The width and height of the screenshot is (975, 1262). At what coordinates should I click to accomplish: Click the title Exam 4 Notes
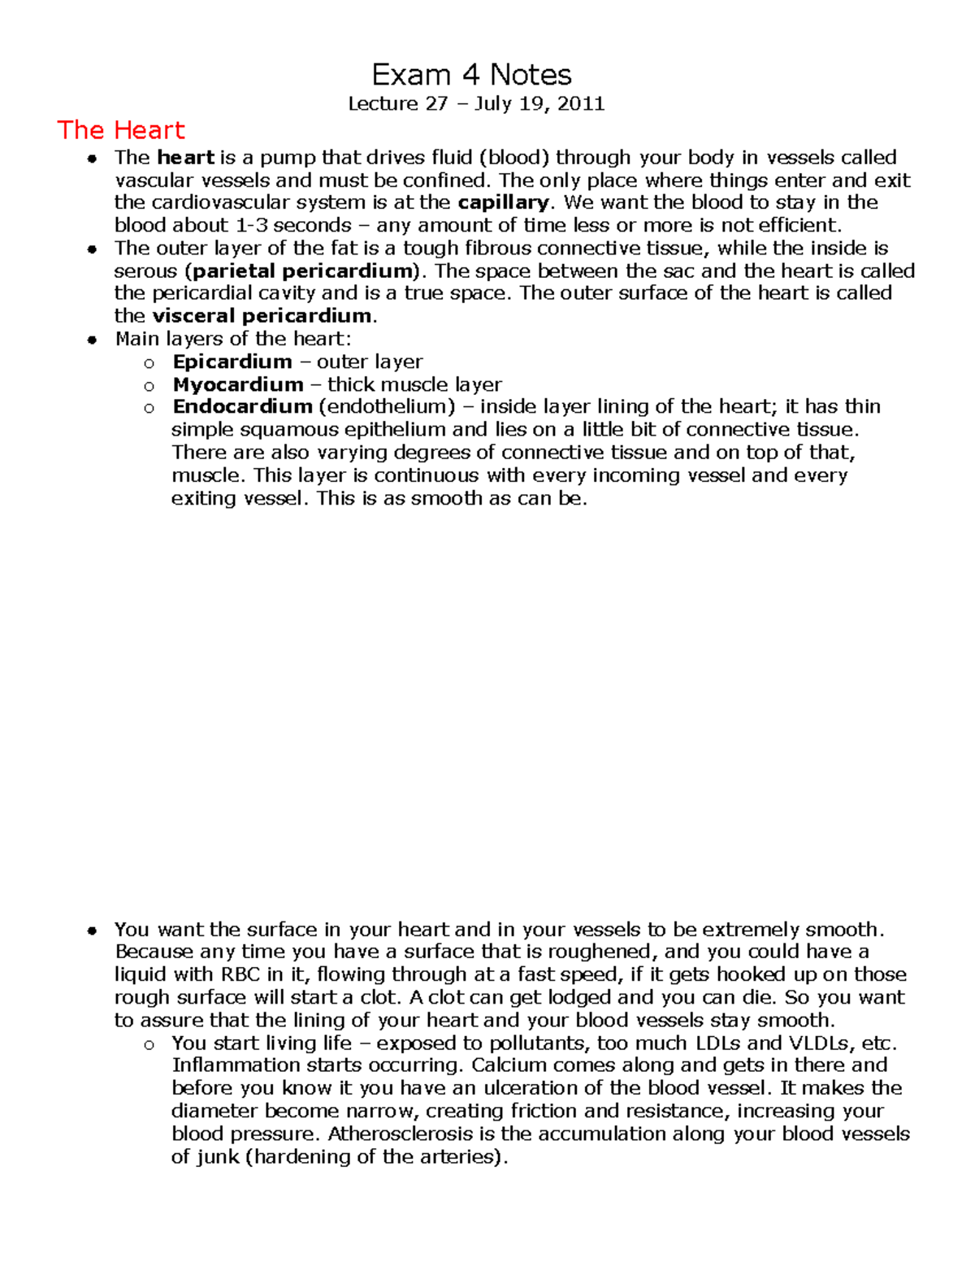pos(471,76)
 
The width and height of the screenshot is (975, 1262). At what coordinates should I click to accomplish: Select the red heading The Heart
pos(121,130)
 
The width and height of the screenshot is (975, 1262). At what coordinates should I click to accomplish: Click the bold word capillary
pos(504,202)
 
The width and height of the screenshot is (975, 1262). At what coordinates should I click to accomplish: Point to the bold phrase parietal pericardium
pos(304,271)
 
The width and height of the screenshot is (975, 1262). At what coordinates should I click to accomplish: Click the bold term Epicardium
pos(232,362)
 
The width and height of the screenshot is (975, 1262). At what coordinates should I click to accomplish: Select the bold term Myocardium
pos(238,384)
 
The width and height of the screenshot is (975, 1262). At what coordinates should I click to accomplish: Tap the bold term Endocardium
pos(242,406)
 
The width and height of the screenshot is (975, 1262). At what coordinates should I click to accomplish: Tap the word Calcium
pos(507,1065)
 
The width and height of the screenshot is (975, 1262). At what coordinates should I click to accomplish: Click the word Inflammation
pos(236,1065)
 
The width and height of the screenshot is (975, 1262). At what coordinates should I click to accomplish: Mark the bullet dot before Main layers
pos(93,340)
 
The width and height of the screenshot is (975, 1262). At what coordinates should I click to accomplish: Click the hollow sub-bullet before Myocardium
pos(149,385)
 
